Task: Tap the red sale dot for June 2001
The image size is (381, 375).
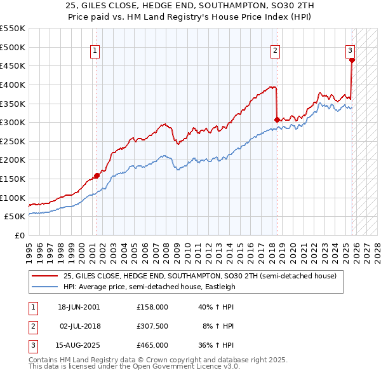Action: pos(97,175)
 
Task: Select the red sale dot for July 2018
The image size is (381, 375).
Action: pos(277,119)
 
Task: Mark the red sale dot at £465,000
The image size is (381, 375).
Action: pos(352,60)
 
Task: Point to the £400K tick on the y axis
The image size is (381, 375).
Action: pos(13,85)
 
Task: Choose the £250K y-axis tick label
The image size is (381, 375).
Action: pos(13,141)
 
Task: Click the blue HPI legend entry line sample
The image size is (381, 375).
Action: pos(44,286)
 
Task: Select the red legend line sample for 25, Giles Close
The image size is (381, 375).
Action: pos(44,276)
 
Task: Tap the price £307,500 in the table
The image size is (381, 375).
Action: pos(152,326)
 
